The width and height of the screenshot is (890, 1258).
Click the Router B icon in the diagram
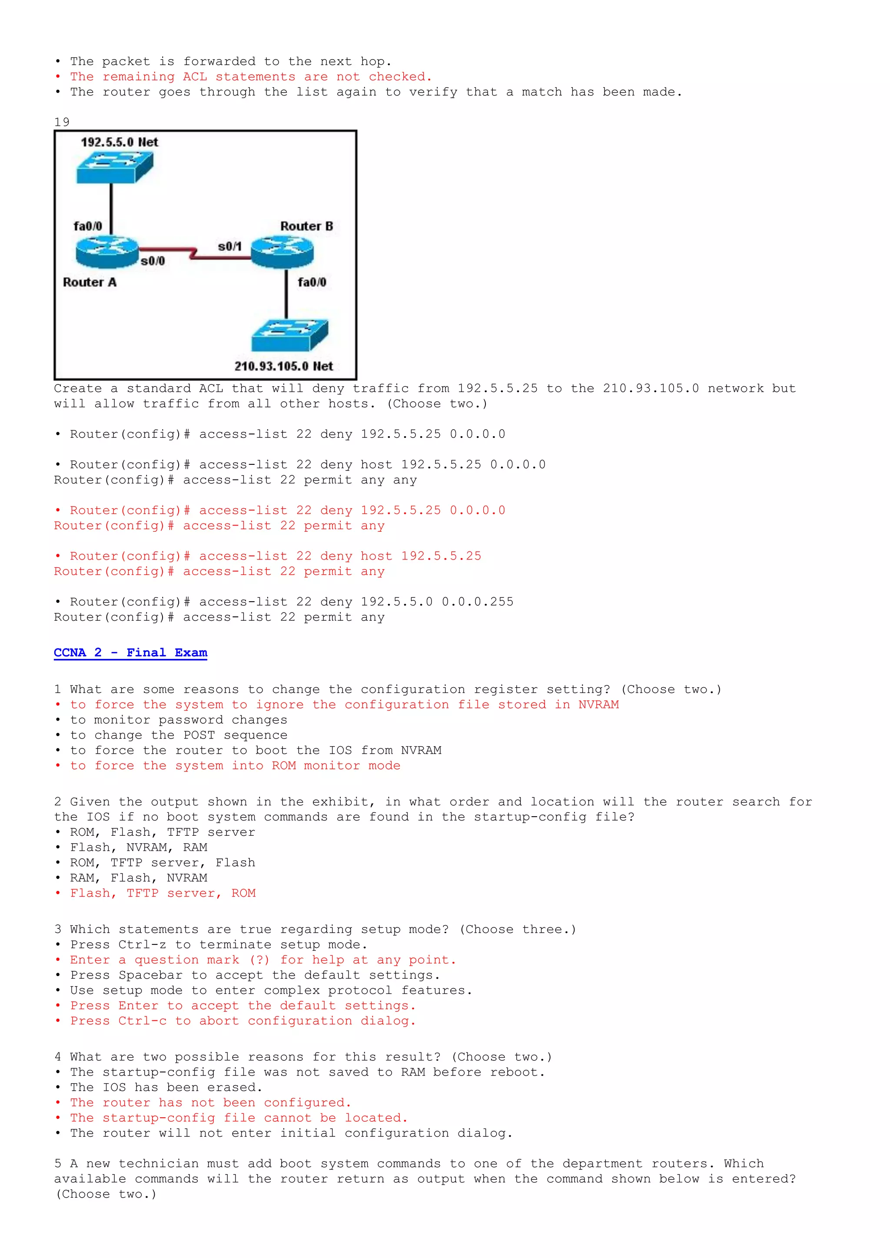(282, 252)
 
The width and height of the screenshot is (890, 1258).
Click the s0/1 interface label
(229, 247)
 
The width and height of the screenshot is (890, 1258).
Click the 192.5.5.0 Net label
(120, 142)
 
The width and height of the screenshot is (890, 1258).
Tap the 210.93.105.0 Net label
(283, 366)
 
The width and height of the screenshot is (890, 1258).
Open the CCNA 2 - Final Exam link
(130, 652)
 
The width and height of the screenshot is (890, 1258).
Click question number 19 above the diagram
(62, 122)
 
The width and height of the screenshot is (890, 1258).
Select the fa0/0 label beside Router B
(312, 282)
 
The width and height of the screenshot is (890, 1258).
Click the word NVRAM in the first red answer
(598, 705)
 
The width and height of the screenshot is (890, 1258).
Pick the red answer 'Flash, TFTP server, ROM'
(163, 893)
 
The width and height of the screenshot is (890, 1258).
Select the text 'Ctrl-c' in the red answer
(143, 1021)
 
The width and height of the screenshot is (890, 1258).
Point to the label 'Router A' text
(90, 282)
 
